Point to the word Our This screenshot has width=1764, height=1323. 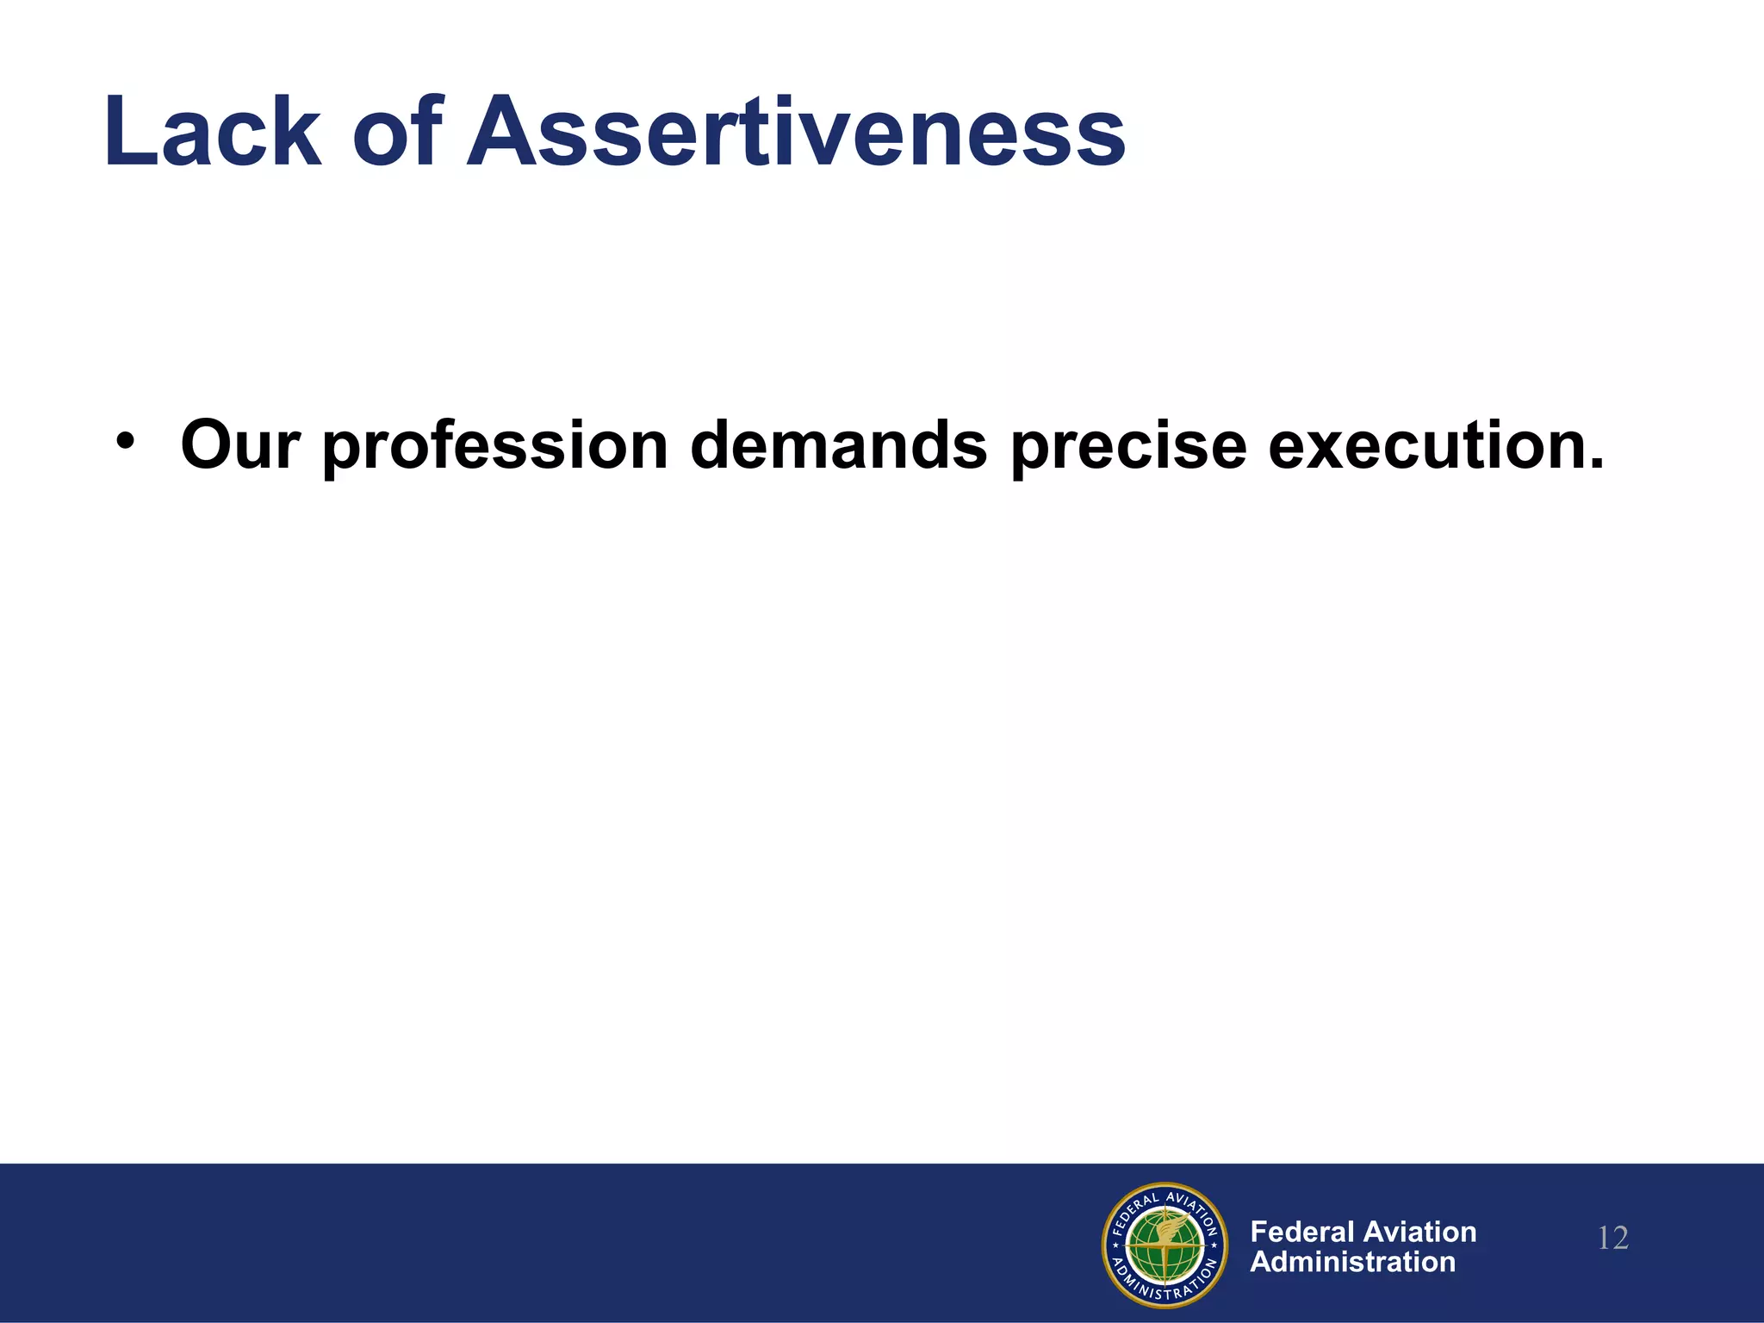[x=240, y=446]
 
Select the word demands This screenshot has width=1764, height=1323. [x=838, y=446]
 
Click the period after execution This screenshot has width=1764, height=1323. [x=1596, y=465]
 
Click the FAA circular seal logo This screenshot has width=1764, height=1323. [x=1165, y=1245]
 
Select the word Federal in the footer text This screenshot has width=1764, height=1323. [x=1302, y=1232]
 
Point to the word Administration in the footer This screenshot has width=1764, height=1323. [x=1352, y=1263]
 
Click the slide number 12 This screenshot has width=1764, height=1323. [x=1612, y=1239]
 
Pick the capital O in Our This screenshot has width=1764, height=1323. [x=207, y=446]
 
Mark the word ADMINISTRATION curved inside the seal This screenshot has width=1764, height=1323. [x=1165, y=1289]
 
